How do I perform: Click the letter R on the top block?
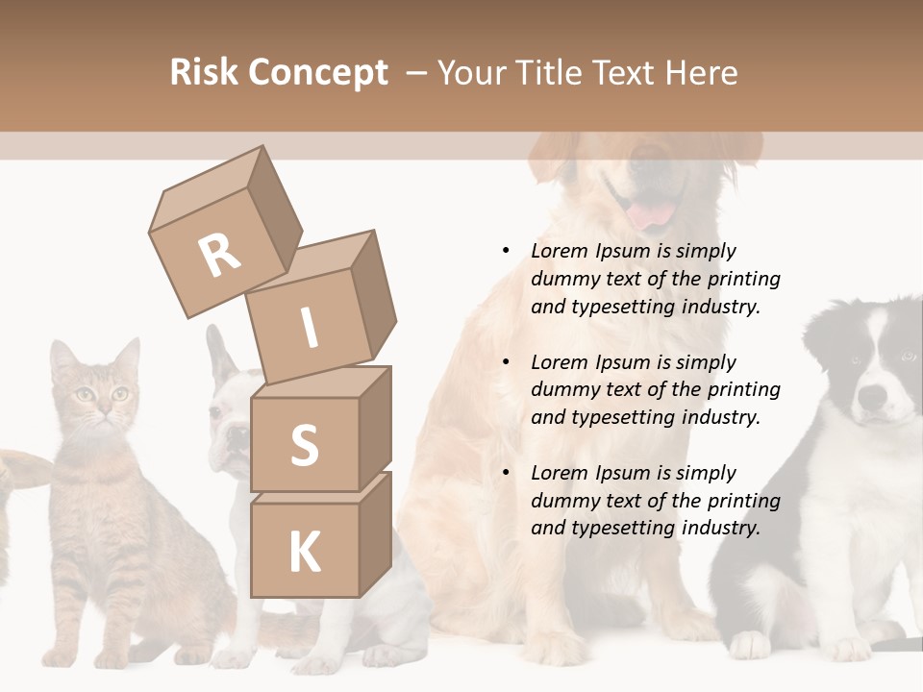point(220,255)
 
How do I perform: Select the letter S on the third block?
point(304,445)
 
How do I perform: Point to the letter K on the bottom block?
point(304,553)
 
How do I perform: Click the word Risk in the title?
point(204,73)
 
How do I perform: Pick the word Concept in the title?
point(318,73)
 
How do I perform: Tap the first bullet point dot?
point(506,251)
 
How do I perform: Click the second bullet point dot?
point(506,362)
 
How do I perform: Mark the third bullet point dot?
point(506,473)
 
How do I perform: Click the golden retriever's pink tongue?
point(650,213)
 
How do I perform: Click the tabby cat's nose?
point(101,410)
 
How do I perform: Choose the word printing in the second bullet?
point(743,389)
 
